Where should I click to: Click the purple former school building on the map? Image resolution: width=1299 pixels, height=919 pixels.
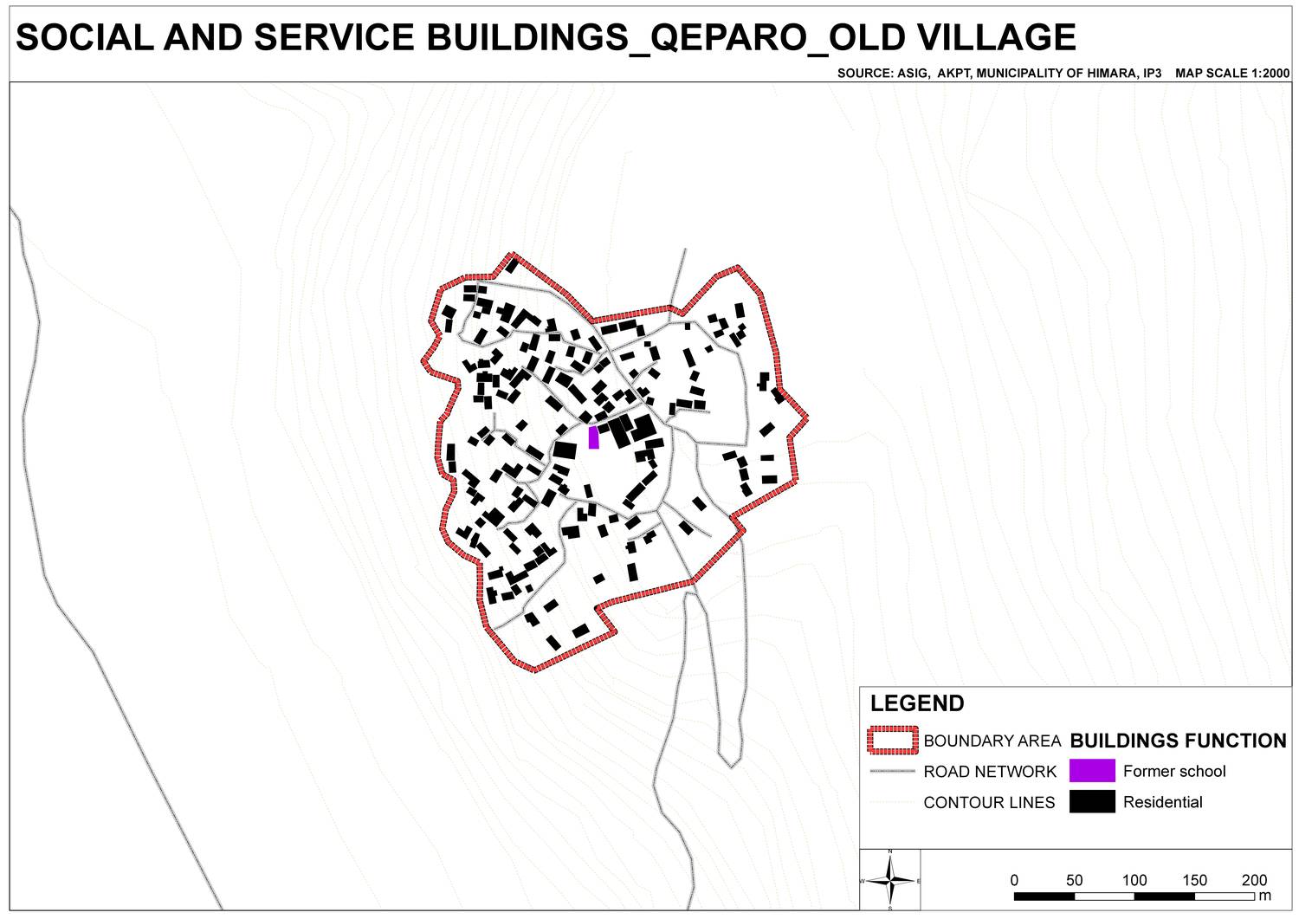pos(593,437)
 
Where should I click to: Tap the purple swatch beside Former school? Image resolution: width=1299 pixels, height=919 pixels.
pos(1091,771)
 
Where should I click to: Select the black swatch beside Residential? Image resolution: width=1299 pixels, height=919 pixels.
pos(1091,802)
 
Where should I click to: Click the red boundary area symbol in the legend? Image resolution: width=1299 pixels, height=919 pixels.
pos(892,741)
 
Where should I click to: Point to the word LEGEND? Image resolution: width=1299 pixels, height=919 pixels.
pos(917,703)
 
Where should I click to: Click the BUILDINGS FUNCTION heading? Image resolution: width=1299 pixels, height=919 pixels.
pos(1178,741)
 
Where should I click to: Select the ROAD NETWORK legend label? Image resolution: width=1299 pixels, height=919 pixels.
pos(990,772)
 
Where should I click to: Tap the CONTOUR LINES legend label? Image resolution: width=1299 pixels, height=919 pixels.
pos(989,803)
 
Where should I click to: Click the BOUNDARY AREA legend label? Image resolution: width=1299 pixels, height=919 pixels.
pos(992,741)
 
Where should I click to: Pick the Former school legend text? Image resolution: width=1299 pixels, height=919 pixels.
pos(1174,771)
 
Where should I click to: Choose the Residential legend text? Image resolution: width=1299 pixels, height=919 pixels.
pos(1162,802)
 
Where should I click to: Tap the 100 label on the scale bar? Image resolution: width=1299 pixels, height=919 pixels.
pos(1134,880)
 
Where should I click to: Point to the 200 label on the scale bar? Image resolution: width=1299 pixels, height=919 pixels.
pos(1254,880)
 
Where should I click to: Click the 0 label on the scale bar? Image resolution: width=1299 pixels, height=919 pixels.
pos(1015,880)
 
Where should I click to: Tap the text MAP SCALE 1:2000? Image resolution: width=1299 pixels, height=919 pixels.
pos(1232,74)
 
